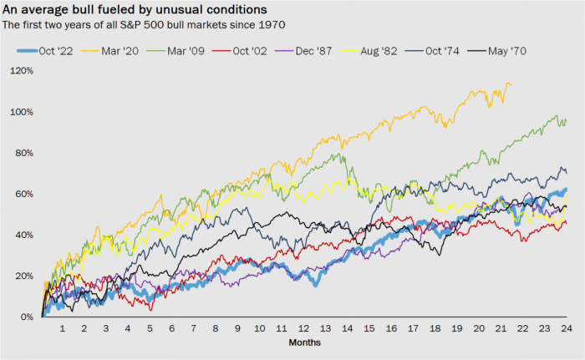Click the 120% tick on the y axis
[x=23, y=71]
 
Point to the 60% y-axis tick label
[x=25, y=194]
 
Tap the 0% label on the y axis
[x=27, y=317]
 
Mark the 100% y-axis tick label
[x=23, y=112]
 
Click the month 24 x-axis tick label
[x=565, y=329]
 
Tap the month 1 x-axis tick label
[x=64, y=329]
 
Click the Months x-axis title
[x=304, y=342]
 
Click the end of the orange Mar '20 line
[x=511, y=84]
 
